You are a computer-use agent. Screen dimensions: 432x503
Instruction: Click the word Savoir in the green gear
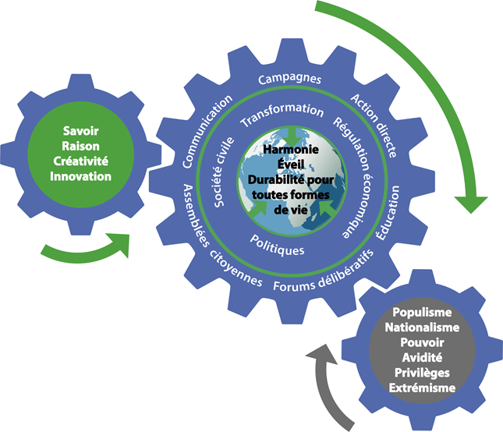point(80,133)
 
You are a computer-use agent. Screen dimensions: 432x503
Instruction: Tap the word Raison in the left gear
point(80,147)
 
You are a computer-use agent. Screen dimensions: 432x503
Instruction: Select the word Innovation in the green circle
point(80,176)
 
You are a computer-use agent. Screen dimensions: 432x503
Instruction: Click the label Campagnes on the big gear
point(289,80)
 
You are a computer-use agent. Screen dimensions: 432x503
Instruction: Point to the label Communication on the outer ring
point(207,131)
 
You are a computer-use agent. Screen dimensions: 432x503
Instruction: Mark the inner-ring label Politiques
point(277,242)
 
